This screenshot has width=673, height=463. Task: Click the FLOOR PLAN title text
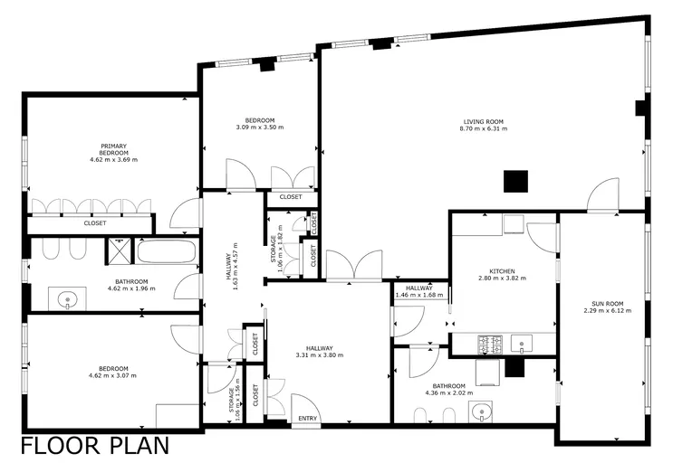click(95, 446)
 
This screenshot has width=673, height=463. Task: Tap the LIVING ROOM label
click(484, 122)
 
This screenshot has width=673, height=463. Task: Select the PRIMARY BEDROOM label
click(114, 149)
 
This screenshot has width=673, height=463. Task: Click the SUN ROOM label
click(608, 304)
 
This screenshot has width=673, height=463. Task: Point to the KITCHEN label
click(502, 271)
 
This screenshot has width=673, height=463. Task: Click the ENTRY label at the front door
click(307, 418)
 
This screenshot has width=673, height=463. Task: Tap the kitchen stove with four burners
click(490, 344)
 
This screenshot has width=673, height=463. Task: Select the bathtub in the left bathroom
click(166, 251)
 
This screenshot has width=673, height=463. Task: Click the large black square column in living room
click(515, 181)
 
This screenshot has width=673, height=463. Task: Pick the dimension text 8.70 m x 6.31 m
click(484, 128)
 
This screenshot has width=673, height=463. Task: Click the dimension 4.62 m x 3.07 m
click(112, 375)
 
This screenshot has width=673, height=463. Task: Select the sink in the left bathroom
click(67, 298)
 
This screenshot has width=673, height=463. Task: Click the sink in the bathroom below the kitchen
click(481, 412)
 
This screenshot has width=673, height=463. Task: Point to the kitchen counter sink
click(522, 344)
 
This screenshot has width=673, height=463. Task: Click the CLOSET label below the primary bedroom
click(95, 223)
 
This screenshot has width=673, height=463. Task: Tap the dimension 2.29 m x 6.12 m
click(608, 310)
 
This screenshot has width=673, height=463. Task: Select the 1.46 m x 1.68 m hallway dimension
click(418, 295)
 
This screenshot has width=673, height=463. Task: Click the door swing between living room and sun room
click(603, 195)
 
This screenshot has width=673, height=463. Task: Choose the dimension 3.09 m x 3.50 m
click(260, 128)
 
